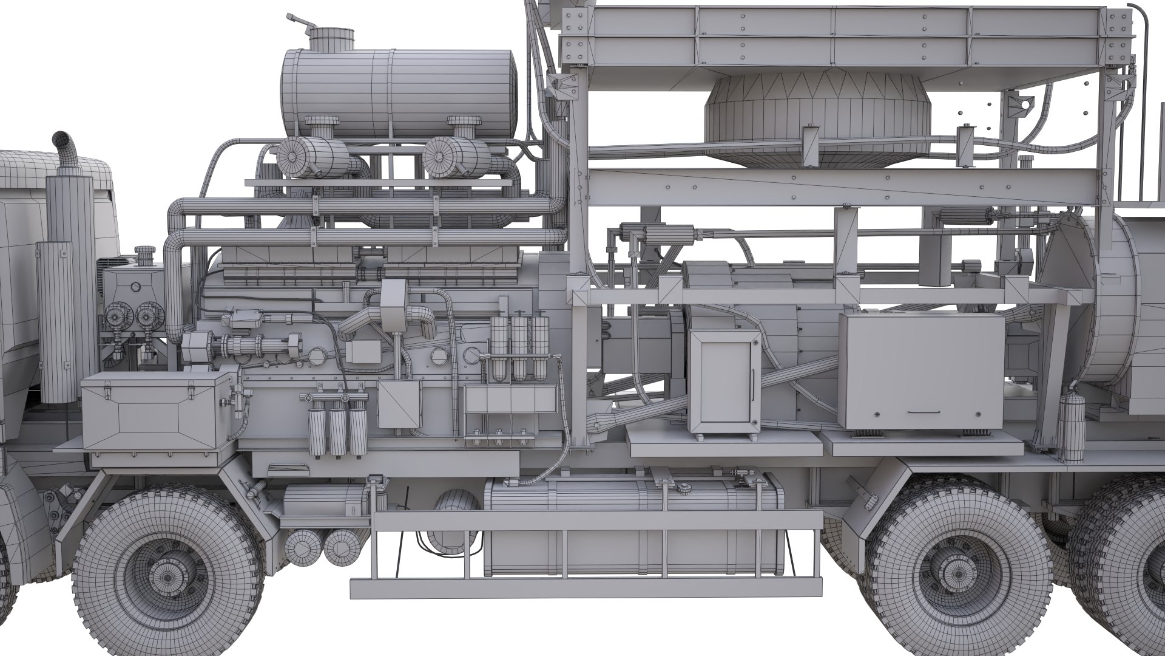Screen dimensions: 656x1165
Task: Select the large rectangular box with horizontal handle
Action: [921, 372]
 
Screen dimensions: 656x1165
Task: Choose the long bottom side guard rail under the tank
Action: [582, 588]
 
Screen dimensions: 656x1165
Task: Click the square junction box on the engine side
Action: [399, 404]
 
